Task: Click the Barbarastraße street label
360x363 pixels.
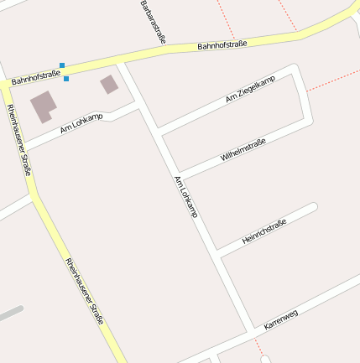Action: [152, 21]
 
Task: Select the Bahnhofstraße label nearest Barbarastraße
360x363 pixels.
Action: [222, 44]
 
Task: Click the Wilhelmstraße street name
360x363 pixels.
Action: [243, 150]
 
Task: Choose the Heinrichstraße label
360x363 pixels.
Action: [264, 231]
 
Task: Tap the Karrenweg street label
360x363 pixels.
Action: [281, 319]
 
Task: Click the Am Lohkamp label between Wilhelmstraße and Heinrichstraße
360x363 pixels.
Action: [185, 198]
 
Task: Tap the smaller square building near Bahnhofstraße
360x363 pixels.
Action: [109, 84]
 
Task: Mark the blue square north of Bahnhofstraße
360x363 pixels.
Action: [61, 65]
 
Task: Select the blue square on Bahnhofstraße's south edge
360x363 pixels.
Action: [66, 79]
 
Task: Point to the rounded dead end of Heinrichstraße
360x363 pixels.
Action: [315, 206]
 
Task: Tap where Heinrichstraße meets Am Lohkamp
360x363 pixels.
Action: [217, 254]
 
